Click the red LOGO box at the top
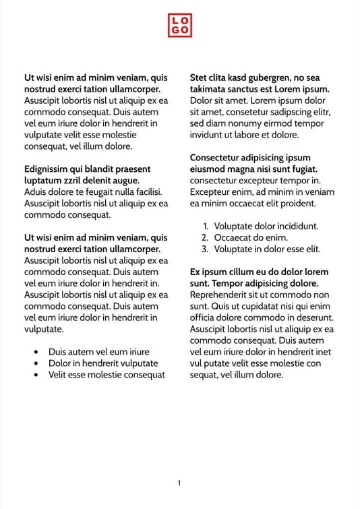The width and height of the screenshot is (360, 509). coord(179,26)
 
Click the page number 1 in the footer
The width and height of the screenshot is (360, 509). coord(179,483)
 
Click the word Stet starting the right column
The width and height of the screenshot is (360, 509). coord(200,78)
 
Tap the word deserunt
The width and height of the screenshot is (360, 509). coord(312,318)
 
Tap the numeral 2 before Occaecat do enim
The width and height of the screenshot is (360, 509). coord(205,238)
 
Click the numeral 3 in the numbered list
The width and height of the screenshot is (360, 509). coord(205,249)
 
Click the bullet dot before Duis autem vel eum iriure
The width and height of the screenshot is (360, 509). coord(35,352)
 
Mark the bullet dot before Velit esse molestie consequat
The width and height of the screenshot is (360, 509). coord(35,375)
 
